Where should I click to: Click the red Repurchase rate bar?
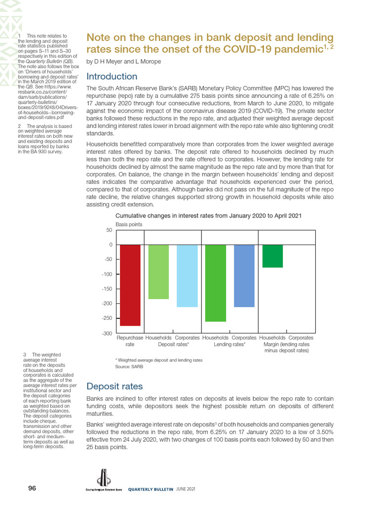130,285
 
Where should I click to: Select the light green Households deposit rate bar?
158,272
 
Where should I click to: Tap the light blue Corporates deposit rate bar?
187,276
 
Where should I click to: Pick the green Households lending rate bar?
215,283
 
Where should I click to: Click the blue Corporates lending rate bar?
244,276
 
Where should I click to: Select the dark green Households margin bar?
272,256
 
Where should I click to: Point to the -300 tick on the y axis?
106,334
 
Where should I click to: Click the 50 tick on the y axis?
109,230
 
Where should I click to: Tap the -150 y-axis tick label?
106,289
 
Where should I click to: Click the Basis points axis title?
129,224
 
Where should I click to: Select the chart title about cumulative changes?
208,216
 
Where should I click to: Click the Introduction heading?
112,77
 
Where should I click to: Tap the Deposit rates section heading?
114,386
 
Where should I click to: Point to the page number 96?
32,488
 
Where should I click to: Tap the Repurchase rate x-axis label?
130,341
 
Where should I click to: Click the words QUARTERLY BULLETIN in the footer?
151,489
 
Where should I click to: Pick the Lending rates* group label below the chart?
229,344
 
